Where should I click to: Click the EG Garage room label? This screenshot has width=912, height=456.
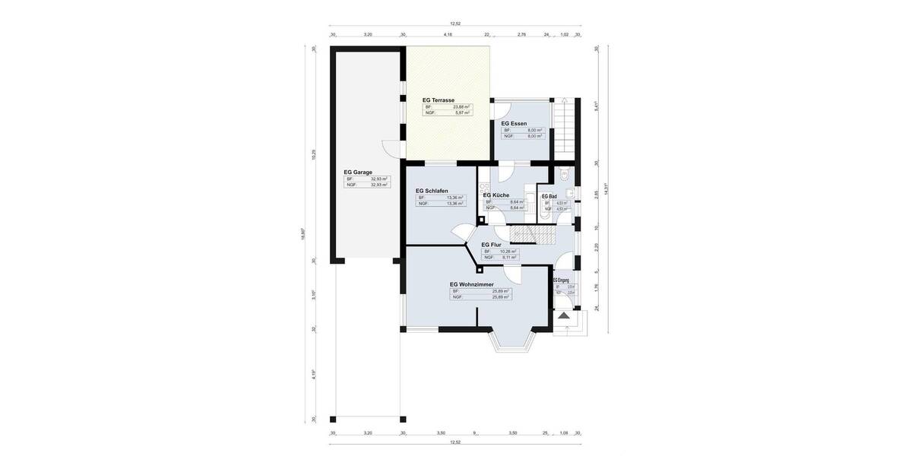point(358,173)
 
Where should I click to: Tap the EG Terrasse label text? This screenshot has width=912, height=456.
point(439,100)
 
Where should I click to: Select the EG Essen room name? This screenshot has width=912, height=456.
point(514,123)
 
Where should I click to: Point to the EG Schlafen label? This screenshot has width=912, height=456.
point(432,191)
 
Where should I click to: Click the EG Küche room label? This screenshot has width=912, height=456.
point(496,195)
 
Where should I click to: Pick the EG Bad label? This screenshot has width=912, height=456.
point(549,196)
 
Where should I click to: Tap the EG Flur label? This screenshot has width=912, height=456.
point(491,245)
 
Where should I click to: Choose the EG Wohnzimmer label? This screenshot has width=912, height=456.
point(471,284)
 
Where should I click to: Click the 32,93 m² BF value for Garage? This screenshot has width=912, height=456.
point(378,179)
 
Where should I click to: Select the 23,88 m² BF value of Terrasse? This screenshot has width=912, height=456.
point(461,106)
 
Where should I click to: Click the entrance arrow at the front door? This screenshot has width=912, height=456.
point(564,315)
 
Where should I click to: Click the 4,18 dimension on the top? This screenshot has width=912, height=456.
point(448,34)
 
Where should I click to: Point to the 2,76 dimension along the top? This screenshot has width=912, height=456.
point(521,34)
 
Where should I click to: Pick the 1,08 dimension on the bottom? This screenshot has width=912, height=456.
point(563,432)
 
